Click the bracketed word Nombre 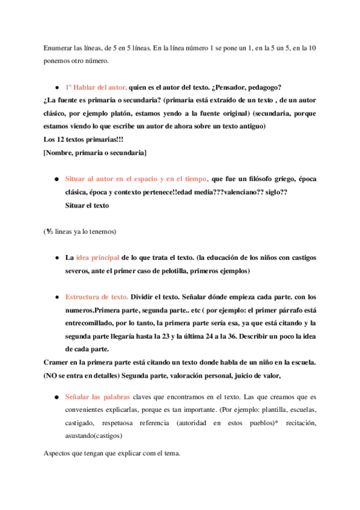click(61, 153)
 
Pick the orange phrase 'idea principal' click(97, 257)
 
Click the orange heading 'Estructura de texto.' click(97, 297)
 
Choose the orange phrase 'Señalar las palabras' click(102, 397)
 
